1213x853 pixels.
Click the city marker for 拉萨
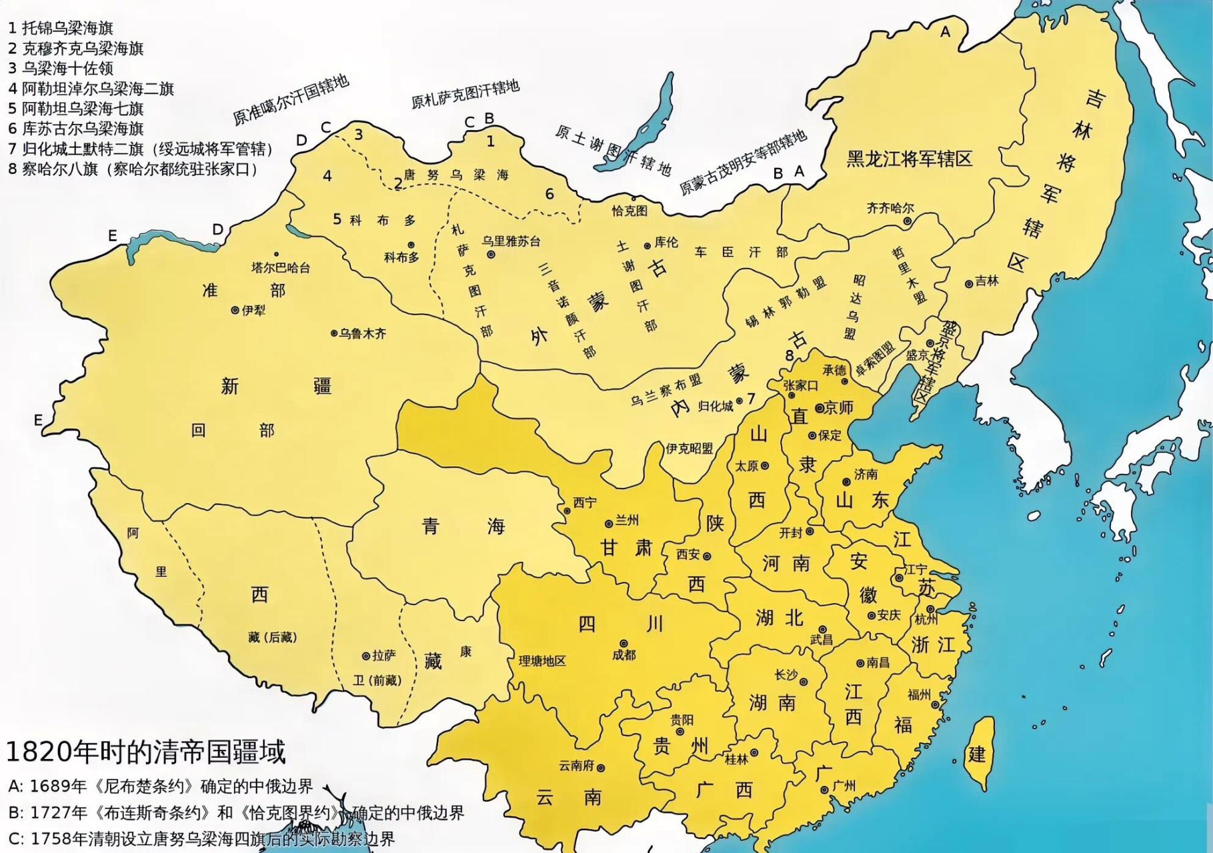tap(365, 656)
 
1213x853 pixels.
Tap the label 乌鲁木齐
tap(362, 333)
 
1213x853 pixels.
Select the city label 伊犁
tap(253, 311)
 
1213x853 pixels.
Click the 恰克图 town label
tap(630, 211)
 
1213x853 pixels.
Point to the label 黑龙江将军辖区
tap(909, 159)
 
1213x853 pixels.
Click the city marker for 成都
tap(624, 643)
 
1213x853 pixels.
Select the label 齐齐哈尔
tap(890, 208)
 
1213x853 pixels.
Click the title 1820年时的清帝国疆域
tap(145, 752)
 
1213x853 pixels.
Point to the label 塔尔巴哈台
tap(280, 268)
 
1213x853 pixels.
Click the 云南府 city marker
tap(601, 768)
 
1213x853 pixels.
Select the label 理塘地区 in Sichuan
tap(542, 661)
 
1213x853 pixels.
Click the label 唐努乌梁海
tap(455, 175)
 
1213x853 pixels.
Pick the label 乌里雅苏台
tap(511, 241)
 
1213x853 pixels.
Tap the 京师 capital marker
tap(820, 409)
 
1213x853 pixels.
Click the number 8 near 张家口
tap(790, 355)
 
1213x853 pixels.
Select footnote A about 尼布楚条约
tap(160, 786)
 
